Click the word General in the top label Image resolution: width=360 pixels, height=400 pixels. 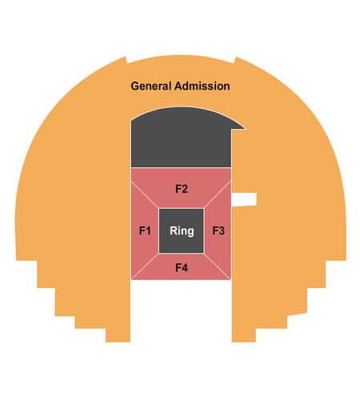[x=151, y=86]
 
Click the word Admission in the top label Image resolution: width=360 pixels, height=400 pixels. [x=202, y=86]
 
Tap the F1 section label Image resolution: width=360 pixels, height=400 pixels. [x=145, y=230]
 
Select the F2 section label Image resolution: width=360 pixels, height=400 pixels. [x=182, y=189]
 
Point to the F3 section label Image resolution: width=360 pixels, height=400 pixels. [x=218, y=230]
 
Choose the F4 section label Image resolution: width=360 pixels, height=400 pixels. [x=182, y=267]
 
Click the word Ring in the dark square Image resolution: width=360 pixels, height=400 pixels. [x=182, y=231]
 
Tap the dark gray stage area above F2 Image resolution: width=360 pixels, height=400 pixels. [x=182, y=138]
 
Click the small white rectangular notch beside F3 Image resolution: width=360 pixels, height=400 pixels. [x=244, y=199]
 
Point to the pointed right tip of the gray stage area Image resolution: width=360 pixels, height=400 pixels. [x=245, y=129]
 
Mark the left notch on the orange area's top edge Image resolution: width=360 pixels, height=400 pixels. [x=126, y=60]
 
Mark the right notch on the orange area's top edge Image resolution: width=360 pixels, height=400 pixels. [x=235, y=60]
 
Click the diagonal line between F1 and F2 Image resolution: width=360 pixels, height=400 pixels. [x=145, y=195]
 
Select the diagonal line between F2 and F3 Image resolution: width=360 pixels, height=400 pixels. [x=218, y=195]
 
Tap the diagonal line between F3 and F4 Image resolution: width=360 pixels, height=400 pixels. [x=218, y=266]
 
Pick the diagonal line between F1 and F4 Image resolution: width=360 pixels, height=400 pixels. [x=145, y=266]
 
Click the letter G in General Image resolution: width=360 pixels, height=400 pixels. [x=134, y=86]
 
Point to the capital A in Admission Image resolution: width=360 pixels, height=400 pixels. [x=178, y=86]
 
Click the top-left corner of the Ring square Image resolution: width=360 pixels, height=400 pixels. [x=159, y=209]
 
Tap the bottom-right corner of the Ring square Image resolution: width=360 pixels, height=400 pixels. [x=204, y=254]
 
